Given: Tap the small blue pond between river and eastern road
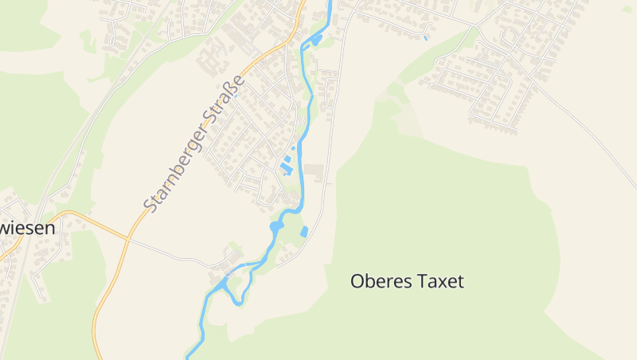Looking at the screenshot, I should point(304,232).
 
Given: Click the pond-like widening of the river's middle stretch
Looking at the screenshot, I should point(276,227).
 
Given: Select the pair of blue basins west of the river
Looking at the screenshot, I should point(286,166).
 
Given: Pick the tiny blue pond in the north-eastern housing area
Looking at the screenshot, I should point(426,37).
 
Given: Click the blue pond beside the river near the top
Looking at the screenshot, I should point(316,39).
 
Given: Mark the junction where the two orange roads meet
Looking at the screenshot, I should point(127,237).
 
